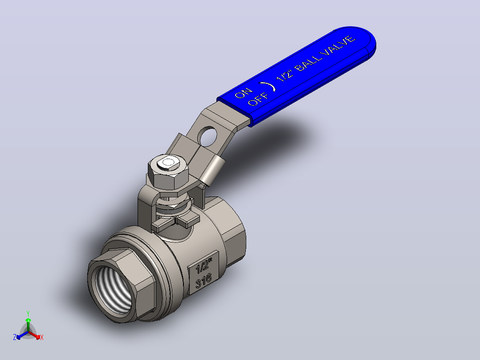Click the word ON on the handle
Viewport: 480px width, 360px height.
tap(244, 93)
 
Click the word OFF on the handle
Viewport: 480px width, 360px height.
tap(258, 98)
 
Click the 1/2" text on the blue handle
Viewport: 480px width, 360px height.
tap(285, 75)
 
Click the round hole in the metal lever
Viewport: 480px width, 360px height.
tap(208, 136)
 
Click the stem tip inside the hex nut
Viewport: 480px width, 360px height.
tap(168, 163)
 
